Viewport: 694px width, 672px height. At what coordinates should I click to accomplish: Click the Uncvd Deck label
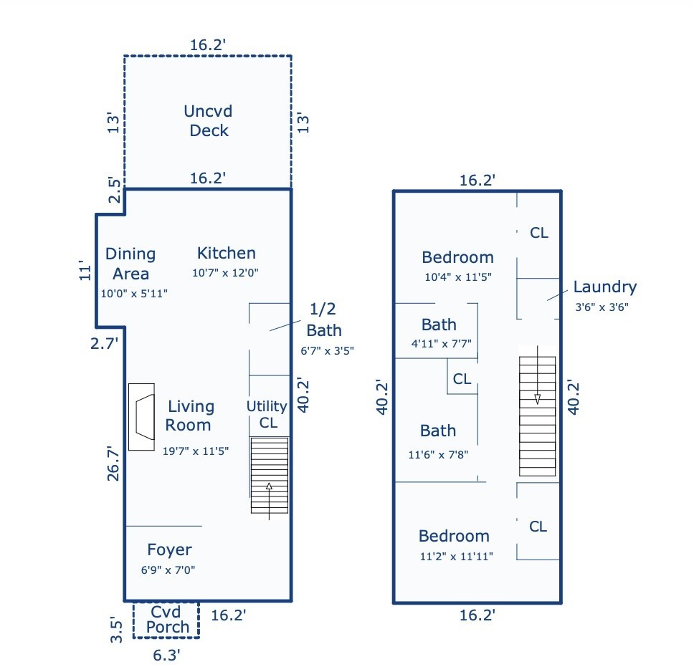208,121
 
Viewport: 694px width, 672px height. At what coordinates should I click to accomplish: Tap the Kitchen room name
226,253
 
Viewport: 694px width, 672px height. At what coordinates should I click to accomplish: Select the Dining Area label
130,264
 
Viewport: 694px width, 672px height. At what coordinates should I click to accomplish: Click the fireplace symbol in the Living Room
142,417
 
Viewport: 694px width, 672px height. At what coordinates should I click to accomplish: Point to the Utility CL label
267,415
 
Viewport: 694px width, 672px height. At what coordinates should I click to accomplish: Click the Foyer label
169,550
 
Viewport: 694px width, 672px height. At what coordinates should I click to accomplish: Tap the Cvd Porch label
167,620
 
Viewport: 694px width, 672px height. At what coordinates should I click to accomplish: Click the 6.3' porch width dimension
166,656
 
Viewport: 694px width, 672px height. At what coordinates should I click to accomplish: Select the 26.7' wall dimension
113,464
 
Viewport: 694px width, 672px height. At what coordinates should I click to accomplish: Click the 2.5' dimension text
114,191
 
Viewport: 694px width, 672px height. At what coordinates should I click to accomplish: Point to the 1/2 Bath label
323,320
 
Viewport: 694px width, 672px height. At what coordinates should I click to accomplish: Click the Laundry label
605,287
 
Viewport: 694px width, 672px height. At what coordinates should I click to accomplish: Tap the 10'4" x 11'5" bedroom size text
458,277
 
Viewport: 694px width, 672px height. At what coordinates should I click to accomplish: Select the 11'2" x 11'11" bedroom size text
456,557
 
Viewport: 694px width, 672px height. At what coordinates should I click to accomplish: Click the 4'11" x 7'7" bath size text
441,344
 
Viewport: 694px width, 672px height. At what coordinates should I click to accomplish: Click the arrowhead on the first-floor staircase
269,486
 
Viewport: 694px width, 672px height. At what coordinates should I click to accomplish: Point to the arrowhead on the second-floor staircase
537,399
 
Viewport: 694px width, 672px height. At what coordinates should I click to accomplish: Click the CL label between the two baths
462,379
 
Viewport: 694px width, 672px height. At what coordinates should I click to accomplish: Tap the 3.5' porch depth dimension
116,630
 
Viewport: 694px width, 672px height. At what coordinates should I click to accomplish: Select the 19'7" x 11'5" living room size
196,451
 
